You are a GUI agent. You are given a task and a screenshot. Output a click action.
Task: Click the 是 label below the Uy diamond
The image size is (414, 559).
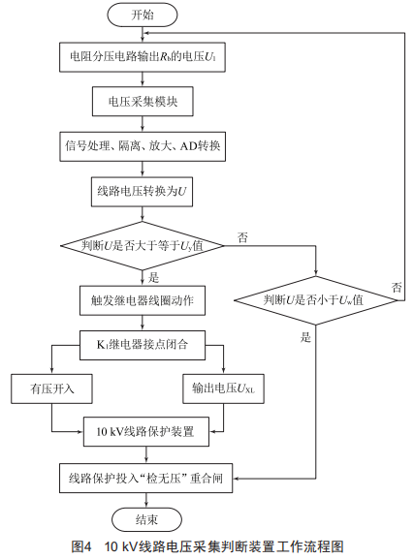pyautogui.click(x=153, y=278)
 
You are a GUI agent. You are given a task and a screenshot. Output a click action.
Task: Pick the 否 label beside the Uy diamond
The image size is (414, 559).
pyautogui.click(x=242, y=237)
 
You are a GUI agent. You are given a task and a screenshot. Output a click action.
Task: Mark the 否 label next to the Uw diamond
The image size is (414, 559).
pyautogui.click(x=397, y=288)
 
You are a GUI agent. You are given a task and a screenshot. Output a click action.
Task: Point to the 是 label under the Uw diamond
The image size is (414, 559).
pyautogui.click(x=305, y=337)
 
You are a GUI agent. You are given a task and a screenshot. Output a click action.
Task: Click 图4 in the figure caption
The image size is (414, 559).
pyautogui.click(x=81, y=546)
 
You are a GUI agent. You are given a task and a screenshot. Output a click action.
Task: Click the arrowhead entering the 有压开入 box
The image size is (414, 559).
pyautogui.click(x=51, y=371)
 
